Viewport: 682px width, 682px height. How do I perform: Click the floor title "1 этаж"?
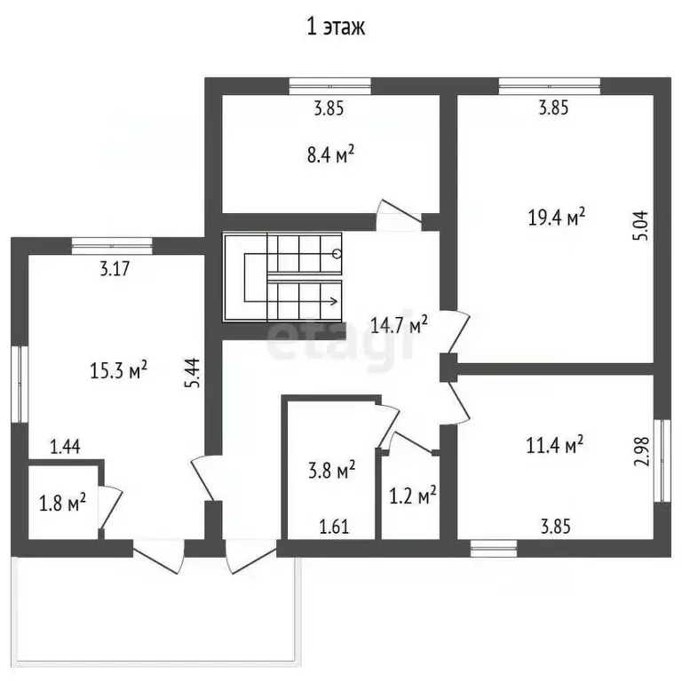[x=336, y=27]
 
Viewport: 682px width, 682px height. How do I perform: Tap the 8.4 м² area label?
[x=330, y=155]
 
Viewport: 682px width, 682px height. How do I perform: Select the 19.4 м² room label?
[x=556, y=217]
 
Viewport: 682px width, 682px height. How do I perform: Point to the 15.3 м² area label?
[x=118, y=370]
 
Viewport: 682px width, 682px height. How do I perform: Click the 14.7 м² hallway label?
[x=399, y=324]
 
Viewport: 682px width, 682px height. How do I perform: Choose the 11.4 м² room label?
[x=554, y=445]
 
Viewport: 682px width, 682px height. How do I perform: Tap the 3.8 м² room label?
[x=332, y=470]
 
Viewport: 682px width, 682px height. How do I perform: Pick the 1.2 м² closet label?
[x=412, y=496]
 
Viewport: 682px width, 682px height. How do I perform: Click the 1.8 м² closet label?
[x=63, y=503]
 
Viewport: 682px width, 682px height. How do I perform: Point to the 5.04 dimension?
[x=641, y=226]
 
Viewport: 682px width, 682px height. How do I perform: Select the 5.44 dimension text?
[x=193, y=373]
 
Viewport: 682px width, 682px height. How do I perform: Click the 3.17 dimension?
[x=115, y=268]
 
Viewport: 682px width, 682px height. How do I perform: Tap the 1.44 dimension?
[x=65, y=447]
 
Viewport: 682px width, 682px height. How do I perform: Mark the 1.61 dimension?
[x=334, y=527]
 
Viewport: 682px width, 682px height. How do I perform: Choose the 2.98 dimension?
[x=641, y=451]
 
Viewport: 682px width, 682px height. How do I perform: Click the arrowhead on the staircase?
[x=334, y=301]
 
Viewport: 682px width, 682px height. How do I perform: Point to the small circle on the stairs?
[x=337, y=254]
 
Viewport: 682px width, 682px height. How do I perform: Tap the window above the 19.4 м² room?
[x=550, y=85]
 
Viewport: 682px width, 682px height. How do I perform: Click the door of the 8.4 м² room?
[x=399, y=215]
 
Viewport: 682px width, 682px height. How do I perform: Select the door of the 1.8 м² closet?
[x=110, y=507]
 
